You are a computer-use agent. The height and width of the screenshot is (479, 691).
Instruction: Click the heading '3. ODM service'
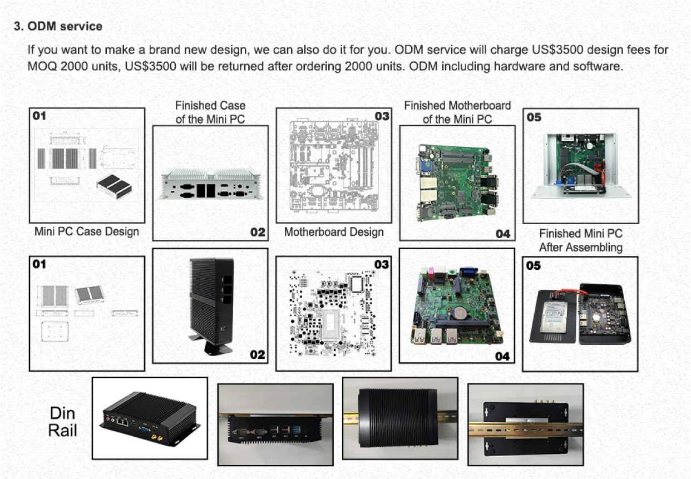pyautogui.click(x=58, y=26)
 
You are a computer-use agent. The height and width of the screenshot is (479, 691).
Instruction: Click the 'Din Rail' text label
pyautogui.click(x=62, y=421)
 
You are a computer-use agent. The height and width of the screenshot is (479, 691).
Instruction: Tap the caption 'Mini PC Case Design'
pyautogui.click(x=87, y=231)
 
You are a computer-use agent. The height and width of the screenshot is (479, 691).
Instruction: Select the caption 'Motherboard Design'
pyautogui.click(x=334, y=232)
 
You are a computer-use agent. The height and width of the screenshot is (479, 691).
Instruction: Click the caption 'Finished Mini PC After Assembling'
pyautogui.click(x=580, y=240)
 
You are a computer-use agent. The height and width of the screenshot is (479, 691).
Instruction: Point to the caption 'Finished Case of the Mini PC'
pyautogui.click(x=210, y=112)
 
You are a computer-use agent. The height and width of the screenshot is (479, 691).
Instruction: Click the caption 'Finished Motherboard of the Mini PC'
pyautogui.click(x=457, y=112)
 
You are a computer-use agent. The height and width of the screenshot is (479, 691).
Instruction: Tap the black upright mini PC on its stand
pyautogui.click(x=210, y=303)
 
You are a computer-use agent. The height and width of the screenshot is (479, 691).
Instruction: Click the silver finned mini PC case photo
pyautogui.click(x=210, y=184)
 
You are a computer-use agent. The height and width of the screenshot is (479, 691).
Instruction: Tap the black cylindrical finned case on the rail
pyautogui.click(x=399, y=418)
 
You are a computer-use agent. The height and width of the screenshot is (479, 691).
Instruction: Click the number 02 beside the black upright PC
pyautogui.click(x=257, y=354)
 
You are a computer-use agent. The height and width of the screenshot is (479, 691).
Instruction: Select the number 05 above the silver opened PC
pyautogui.click(x=534, y=117)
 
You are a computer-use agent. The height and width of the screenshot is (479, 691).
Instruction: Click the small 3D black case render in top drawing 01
pyautogui.click(x=114, y=186)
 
